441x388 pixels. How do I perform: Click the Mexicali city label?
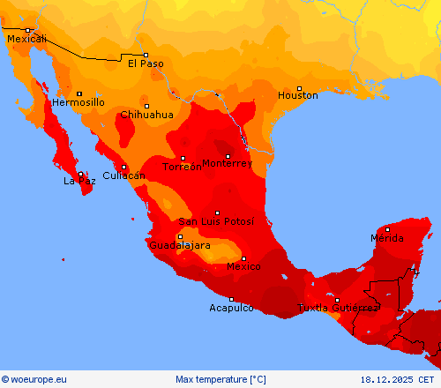tap(26, 39)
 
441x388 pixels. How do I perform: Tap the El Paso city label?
tap(146, 63)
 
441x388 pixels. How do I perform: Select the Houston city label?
tap(298, 95)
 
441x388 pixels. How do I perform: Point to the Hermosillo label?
tap(78, 102)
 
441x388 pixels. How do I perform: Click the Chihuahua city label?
tap(146, 115)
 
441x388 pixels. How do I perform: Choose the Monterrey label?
tap(227, 163)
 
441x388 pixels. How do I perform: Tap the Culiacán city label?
tap(123, 175)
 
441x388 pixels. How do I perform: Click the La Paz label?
tap(79, 181)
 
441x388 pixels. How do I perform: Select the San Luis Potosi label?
tap(216, 221)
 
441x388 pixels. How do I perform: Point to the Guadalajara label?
tap(180, 245)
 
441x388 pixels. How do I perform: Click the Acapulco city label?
tap(232, 308)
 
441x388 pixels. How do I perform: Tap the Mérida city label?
tap(387, 238)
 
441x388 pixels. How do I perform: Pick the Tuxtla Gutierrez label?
tap(338, 308)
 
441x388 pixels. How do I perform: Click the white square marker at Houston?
tap(299, 88)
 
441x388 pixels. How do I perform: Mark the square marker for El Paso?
tap(146, 55)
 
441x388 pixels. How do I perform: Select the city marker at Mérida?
tap(387, 229)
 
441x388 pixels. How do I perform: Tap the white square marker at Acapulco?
tap(232, 299)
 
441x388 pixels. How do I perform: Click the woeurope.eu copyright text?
tap(34, 379)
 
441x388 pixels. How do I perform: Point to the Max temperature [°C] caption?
tap(220, 379)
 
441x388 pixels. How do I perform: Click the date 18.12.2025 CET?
tap(398, 379)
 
